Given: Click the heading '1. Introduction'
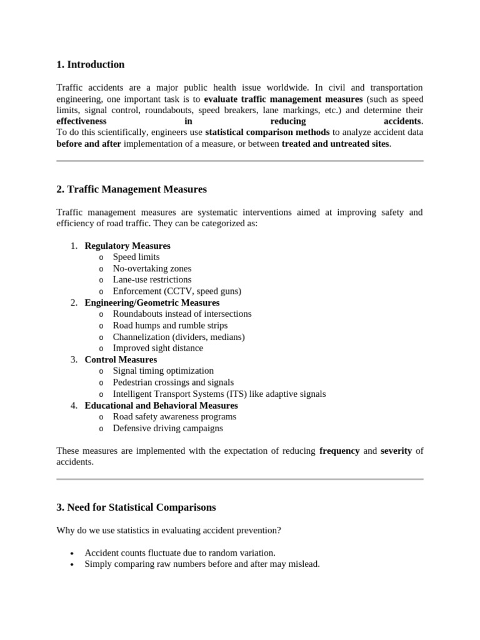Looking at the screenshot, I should coord(90,64).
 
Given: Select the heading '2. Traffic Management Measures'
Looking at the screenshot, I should coord(131,189).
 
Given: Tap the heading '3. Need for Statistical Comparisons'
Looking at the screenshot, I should coord(136,507).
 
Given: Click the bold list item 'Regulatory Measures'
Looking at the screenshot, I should coord(127,246).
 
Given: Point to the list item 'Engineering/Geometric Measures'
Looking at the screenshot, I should coord(152,302).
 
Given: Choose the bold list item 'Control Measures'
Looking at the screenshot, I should coord(121,359).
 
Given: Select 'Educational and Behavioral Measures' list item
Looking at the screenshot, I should coord(161,405).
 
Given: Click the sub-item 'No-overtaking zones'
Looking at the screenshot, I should coord(152,268).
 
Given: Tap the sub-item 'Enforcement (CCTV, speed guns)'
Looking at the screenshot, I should coord(177,291).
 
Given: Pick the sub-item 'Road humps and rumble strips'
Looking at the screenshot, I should coord(170,325).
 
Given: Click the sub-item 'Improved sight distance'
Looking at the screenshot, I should coord(157,348).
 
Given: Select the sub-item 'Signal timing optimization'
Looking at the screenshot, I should coord(163,371).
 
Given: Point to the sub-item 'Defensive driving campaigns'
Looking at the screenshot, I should coord(167,428).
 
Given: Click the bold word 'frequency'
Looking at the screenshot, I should coord(339,451).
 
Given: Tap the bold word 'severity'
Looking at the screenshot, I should coord(396,451).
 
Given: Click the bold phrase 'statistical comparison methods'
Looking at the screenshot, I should coord(267,132).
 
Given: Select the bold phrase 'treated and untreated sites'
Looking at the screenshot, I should coord(336,143).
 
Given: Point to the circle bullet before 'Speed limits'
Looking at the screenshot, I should coord(101,257).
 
